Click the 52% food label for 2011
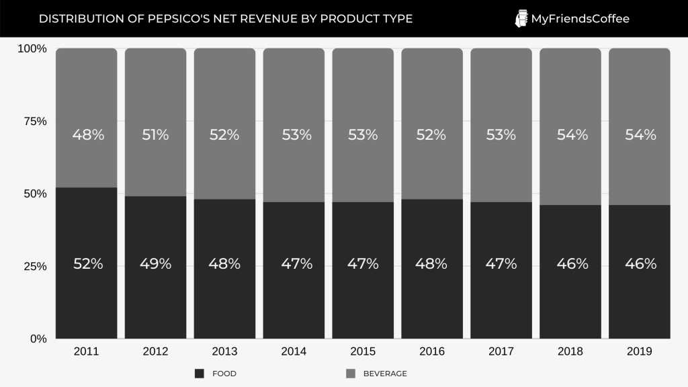point(88,264)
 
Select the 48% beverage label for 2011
point(88,135)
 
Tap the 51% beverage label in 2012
point(155,135)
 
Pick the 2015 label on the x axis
point(363,351)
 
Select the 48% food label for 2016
point(431,264)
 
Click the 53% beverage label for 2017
point(501,135)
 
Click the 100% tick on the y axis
point(32,49)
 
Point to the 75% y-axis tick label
point(34,122)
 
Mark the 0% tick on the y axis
point(38,339)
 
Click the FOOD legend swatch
point(199,374)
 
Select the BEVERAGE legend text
point(385,374)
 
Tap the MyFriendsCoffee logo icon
point(521,19)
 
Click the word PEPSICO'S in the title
point(159,19)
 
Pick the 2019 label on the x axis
point(639,351)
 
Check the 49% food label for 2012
point(155,264)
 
